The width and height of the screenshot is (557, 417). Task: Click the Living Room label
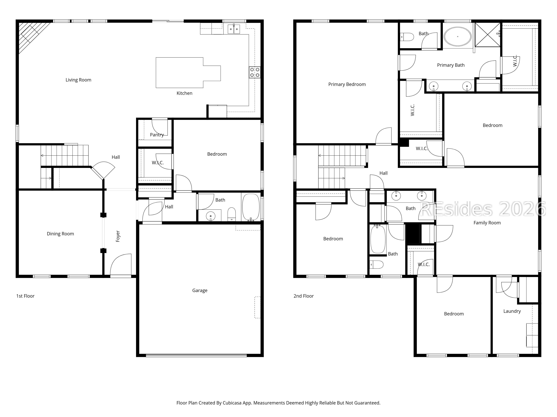pos(78,80)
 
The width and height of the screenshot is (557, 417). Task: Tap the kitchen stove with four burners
pos(255,72)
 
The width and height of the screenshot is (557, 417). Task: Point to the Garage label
pos(200,290)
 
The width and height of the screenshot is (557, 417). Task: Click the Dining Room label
pos(60,234)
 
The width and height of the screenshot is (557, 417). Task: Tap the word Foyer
pos(118,236)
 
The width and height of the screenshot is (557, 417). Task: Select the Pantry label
pos(157,135)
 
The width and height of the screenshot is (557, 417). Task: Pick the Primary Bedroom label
pos(347,85)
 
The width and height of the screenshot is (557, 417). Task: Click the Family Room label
pos(487,223)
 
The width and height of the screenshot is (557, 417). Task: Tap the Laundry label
pos(512,311)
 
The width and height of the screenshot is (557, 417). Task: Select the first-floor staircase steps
pos(65,155)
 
